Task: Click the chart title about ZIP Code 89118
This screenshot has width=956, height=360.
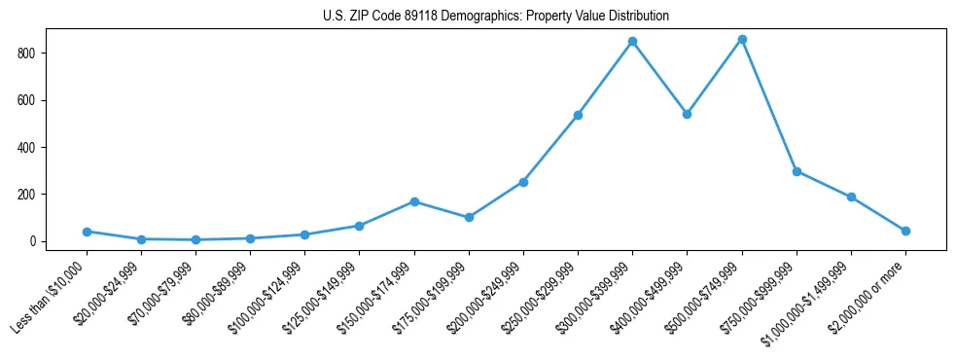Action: [495, 16]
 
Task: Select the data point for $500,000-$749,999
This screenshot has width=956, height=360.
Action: [742, 39]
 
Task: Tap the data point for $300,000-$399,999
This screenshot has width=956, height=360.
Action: [632, 42]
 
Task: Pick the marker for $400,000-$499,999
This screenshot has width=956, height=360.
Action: [687, 114]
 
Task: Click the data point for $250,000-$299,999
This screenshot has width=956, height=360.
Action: [578, 115]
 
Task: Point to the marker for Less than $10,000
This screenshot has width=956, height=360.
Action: [87, 232]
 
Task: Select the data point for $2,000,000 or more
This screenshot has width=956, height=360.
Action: [905, 231]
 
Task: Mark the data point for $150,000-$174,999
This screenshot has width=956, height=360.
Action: [414, 201]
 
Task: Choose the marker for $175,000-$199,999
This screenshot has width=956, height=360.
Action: [469, 217]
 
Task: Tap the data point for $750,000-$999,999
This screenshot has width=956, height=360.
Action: [797, 171]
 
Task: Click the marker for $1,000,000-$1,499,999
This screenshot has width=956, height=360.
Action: [851, 197]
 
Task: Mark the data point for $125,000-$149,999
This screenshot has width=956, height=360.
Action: [360, 226]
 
